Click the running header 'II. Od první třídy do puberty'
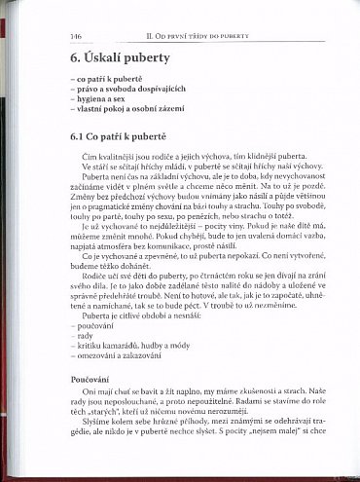pyautogui.click(x=205, y=35)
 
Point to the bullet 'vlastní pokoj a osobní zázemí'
pyautogui.click(x=126, y=109)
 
